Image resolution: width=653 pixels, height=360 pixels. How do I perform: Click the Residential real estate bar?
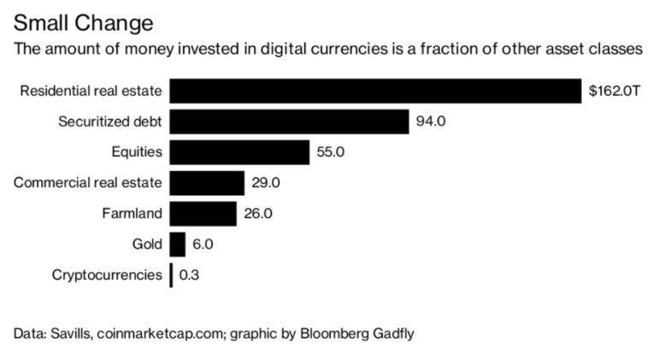coord(375,91)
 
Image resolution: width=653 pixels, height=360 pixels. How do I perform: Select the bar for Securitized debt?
coord(289,121)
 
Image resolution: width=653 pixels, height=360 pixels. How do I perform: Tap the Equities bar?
coord(239,152)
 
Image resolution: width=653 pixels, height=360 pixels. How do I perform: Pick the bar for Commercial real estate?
coord(207,183)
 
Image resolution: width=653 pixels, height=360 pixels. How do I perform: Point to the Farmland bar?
coord(203,214)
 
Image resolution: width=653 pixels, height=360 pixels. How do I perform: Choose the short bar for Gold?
coord(178,245)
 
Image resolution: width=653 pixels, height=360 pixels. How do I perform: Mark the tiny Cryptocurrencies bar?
coord(171,275)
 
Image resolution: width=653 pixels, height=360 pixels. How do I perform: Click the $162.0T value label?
coord(615,91)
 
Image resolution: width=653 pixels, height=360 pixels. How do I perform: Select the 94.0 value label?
coord(431,121)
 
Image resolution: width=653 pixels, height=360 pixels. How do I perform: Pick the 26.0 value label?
coord(258,214)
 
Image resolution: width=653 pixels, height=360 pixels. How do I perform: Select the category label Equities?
coord(136,152)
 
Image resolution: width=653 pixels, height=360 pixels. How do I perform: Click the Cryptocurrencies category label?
coord(107,275)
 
